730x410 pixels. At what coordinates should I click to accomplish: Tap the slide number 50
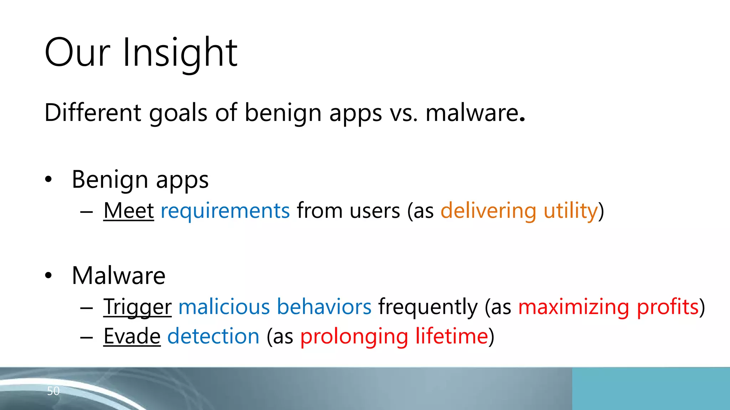(x=53, y=391)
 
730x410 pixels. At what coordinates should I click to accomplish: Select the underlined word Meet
(x=129, y=211)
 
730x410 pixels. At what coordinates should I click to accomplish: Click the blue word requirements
(x=225, y=211)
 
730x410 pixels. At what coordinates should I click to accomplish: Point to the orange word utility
(x=570, y=211)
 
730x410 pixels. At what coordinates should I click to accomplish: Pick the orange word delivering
(x=488, y=211)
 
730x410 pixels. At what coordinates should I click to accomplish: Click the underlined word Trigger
(x=138, y=307)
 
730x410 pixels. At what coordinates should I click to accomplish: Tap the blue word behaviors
(x=324, y=307)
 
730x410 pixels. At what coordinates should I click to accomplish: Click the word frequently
(x=428, y=307)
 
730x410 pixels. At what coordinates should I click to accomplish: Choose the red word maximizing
(x=574, y=307)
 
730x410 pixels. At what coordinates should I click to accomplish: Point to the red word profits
(x=667, y=307)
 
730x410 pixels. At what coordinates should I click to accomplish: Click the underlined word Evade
(x=132, y=336)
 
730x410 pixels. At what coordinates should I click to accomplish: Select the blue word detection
(x=213, y=336)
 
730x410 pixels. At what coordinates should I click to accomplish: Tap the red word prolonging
(x=354, y=336)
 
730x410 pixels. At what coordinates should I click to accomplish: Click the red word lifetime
(x=452, y=336)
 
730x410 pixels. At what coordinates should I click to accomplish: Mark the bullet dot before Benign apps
(x=48, y=179)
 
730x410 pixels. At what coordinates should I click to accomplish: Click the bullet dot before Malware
(x=48, y=275)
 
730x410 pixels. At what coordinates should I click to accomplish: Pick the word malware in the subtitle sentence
(x=472, y=113)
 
